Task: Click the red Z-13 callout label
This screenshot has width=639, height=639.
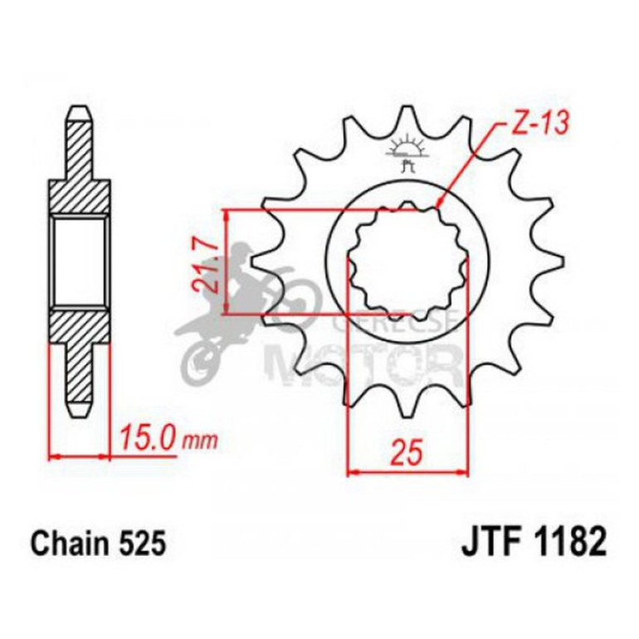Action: click(535, 124)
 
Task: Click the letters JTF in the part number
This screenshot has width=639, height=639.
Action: click(488, 544)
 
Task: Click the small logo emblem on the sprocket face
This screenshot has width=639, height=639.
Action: click(406, 154)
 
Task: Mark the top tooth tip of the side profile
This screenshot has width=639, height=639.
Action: click(80, 112)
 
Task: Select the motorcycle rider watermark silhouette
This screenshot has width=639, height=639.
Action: click(241, 307)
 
